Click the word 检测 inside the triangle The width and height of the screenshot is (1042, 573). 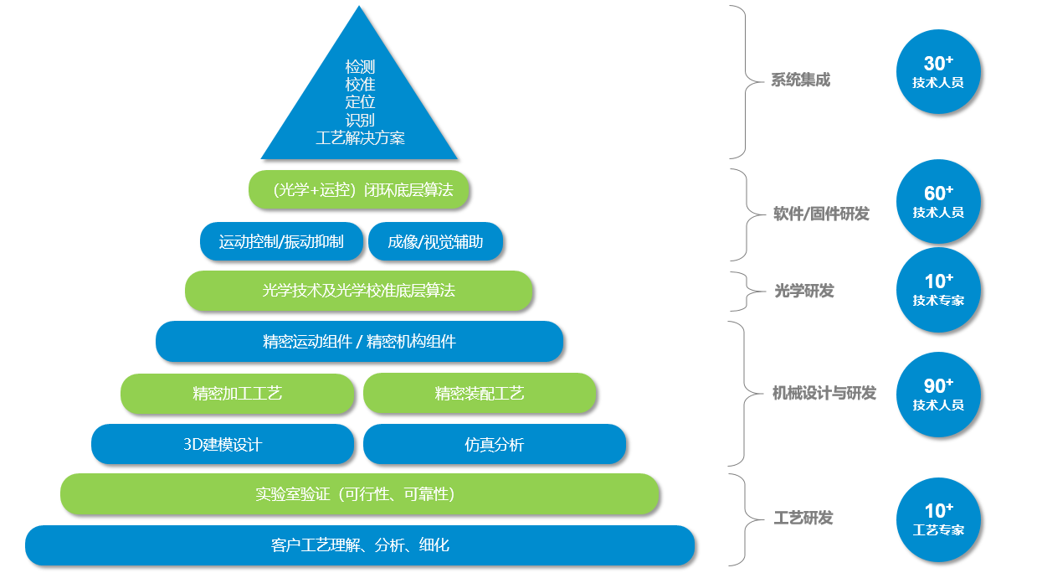pyautogui.click(x=360, y=66)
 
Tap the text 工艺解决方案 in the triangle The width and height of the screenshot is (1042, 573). pyautogui.click(x=360, y=138)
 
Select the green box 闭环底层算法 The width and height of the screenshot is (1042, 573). pyautogui.click(x=359, y=190)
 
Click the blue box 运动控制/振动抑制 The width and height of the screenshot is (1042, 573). pyautogui.click(x=281, y=242)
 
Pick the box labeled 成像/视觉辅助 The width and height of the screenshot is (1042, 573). pyautogui.click(x=435, y=242)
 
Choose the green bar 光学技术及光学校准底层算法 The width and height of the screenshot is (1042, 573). pyautogui.click(x=359, y=291)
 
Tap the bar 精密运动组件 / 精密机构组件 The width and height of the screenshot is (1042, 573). pyautogui.click(x=359, y=342)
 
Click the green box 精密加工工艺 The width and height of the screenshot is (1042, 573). pyautogui.click(x=238, y=394)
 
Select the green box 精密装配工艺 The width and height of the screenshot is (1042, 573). pyautogui.click(x=480, y=394)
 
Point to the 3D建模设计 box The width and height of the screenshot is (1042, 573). pyautogui.click(x=223, y=445)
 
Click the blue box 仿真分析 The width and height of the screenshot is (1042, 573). pyautogui.click(x=495, y=445)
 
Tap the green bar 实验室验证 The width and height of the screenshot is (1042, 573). pyautogui.click(x=359, y=494)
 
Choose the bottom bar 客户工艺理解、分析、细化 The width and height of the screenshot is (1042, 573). pyautogui.click(x=360, y=545)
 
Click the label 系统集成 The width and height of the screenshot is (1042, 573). pyautogui.click(x=801, y=80)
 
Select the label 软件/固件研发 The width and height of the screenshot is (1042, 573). pyautogui.click(x=821, y=214)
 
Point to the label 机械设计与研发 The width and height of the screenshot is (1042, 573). pyautogui.click(x=824, y=393)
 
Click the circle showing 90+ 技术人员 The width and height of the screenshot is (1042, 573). pyautogui.click(x=938, y=395)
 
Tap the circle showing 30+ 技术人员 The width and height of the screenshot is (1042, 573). pyautogui.click(x=938, y=72)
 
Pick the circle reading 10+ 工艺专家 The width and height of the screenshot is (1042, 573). pyautogui.click(x=938, y=519)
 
